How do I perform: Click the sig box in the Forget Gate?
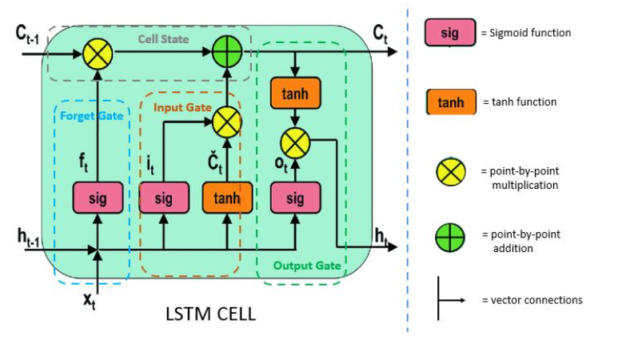click(98, 197)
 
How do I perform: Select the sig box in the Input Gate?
click(163, 197)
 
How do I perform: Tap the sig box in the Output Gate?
click(295, 197)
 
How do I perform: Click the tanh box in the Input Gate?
click(227, 197)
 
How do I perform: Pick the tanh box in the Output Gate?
click(295, 94)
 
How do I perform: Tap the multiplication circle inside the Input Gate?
click(227, 122)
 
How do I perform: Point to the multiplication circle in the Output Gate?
click(295, 145)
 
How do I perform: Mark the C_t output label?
click(381, 33)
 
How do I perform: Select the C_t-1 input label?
click(27, 34)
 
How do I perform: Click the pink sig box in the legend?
click(450, 33)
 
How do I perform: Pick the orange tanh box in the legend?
click(450, 102)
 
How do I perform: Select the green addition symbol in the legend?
click(450, 238)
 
